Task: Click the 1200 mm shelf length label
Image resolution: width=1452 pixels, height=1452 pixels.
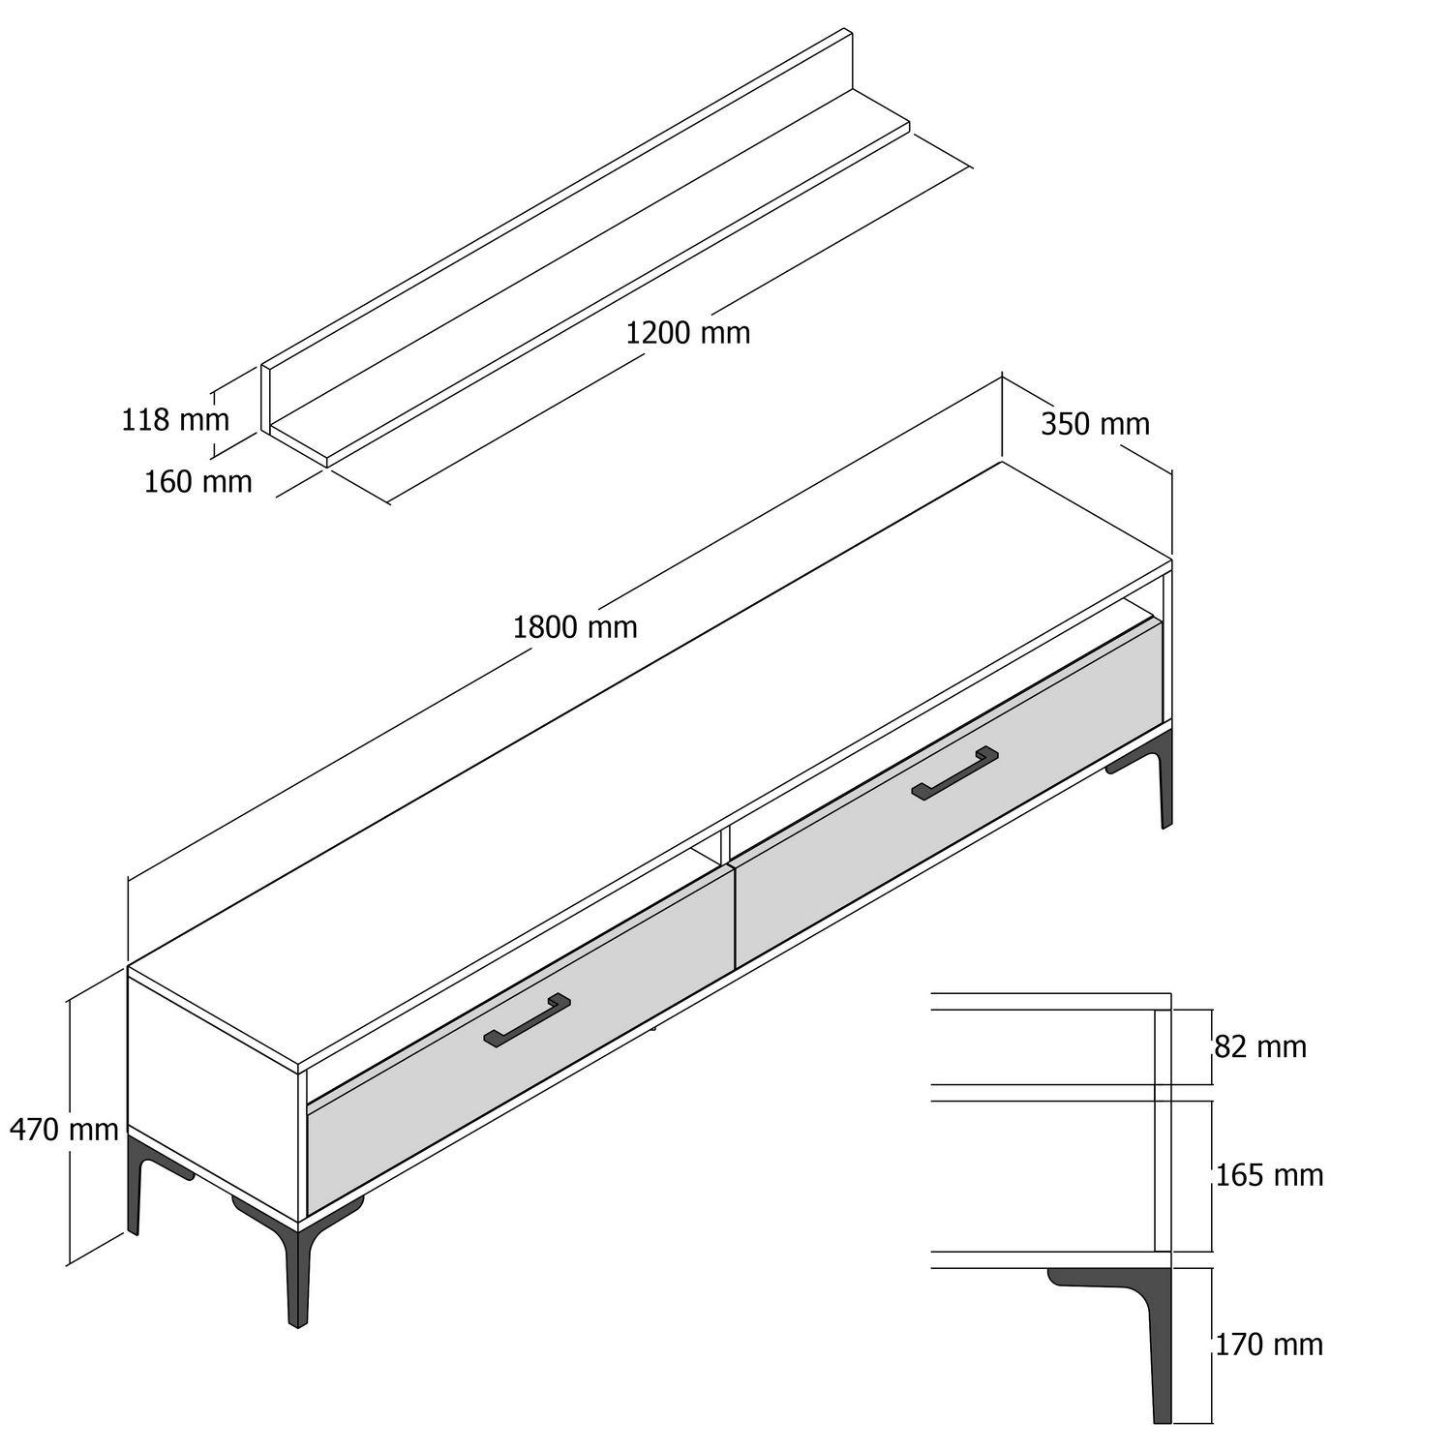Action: click(x=687, y=333)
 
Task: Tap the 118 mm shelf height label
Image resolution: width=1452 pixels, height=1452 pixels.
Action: click(x=175, y=420)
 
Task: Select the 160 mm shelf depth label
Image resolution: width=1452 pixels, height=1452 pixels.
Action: click(x=197, y=481)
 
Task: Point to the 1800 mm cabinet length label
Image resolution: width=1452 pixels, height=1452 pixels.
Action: click(x=575, y=627)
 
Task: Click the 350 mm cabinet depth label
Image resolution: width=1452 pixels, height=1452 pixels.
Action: click(x=1095, y=424)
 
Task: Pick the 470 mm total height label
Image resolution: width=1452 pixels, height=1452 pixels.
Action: click(x=64, y=1129)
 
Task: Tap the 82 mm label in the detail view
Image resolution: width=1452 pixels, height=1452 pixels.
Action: click(x=1259, y=1046)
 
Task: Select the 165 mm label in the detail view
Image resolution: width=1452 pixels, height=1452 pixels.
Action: click(x=1269, y=1175)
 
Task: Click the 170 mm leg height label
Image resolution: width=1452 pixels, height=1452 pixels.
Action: click(x=1269, y=1345)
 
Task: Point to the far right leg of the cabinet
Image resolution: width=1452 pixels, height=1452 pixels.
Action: click(x=1165, y=784)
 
